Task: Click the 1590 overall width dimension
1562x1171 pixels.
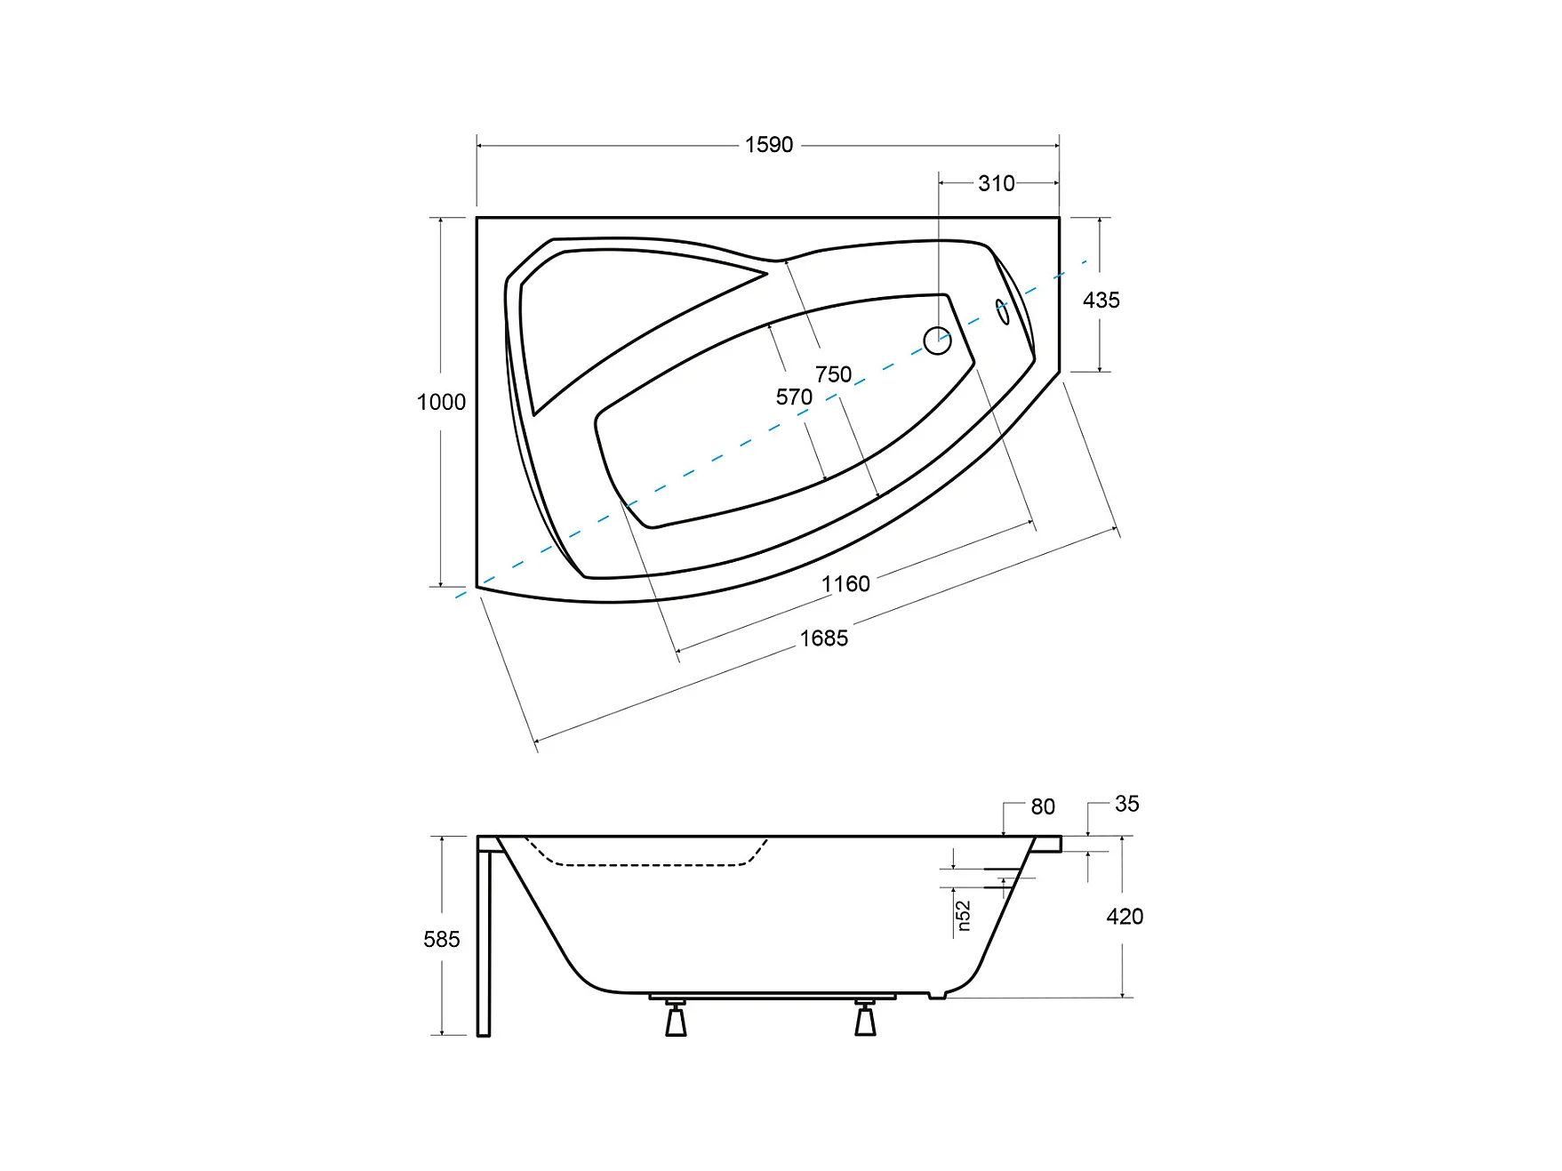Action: pyautogui.click(x=769, y=145)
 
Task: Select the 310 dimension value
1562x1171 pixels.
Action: pyautogui.click(x=997, y=183)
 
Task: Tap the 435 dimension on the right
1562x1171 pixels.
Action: pyautogui.click(x=1101, y=301)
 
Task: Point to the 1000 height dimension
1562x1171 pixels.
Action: pyautogui.click(x=441, y=402)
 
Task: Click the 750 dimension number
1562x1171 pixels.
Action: pyautogui.click(x=834, y=375)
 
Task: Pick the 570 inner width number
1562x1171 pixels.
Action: pyautogui.click(x=794, y=397)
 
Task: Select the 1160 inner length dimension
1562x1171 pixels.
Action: pyautogui.click(x=845, y=584)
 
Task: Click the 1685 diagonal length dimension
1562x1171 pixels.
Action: pyautogui.click(x=824, y=638)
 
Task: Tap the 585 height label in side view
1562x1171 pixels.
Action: pyautogui.click(x=442, y=940)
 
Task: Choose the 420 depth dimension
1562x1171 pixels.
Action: pyautogui.click(x=1125, y=917)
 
